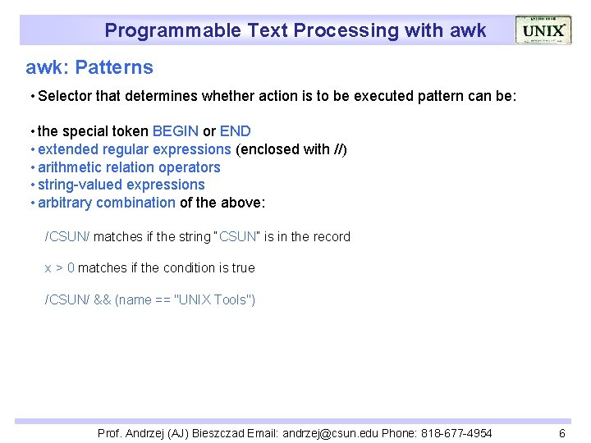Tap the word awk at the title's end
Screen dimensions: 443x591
click(468, 31)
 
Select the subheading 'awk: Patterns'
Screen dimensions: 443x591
click(89, 67)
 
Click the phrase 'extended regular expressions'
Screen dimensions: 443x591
click(135, 149)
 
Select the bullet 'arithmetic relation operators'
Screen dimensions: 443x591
click(129, 167)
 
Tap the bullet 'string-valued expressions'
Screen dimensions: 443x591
click(121, 185)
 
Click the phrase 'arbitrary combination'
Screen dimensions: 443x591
click(106, 203)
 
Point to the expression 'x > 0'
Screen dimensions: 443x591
click(59, 268)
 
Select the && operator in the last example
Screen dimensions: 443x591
click(102, 300)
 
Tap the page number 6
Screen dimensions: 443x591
click(561, 433)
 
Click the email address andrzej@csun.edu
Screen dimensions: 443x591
click(333, 433)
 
